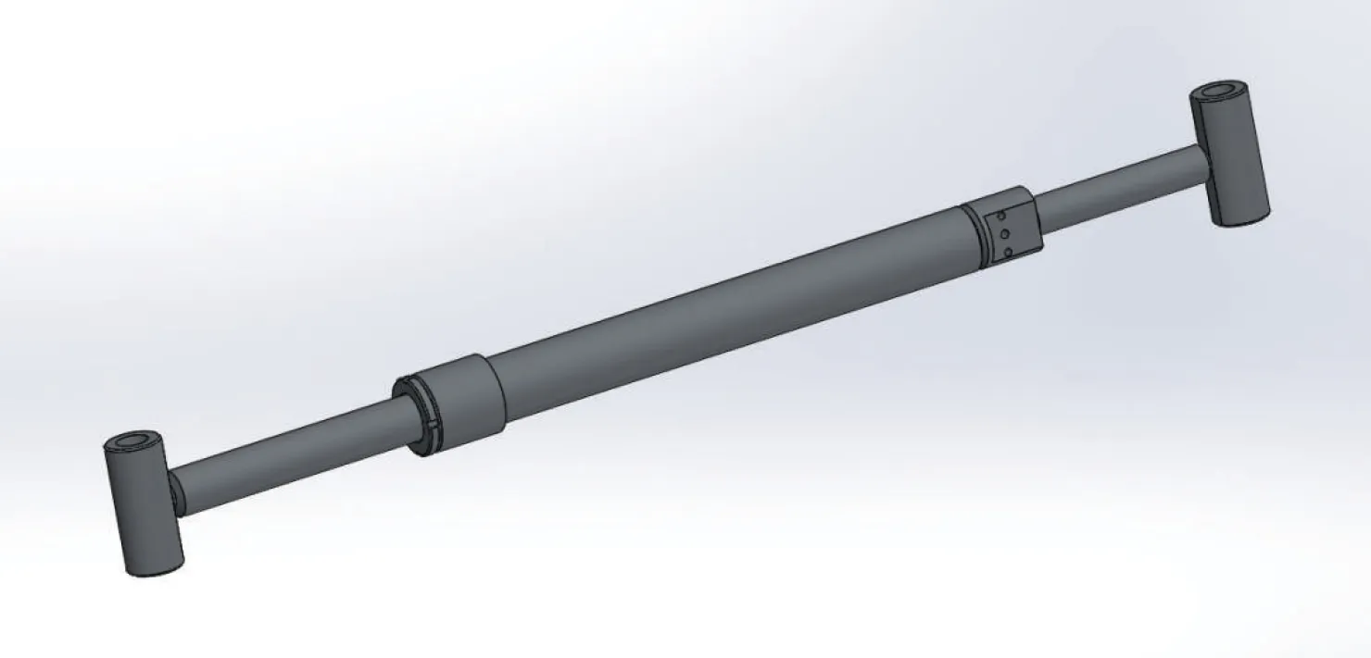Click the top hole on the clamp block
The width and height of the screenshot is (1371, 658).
tap(1000, 217)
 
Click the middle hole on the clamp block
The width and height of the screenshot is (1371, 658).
tap(1003, 233)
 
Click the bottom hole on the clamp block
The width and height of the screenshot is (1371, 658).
tap(1007, 251)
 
